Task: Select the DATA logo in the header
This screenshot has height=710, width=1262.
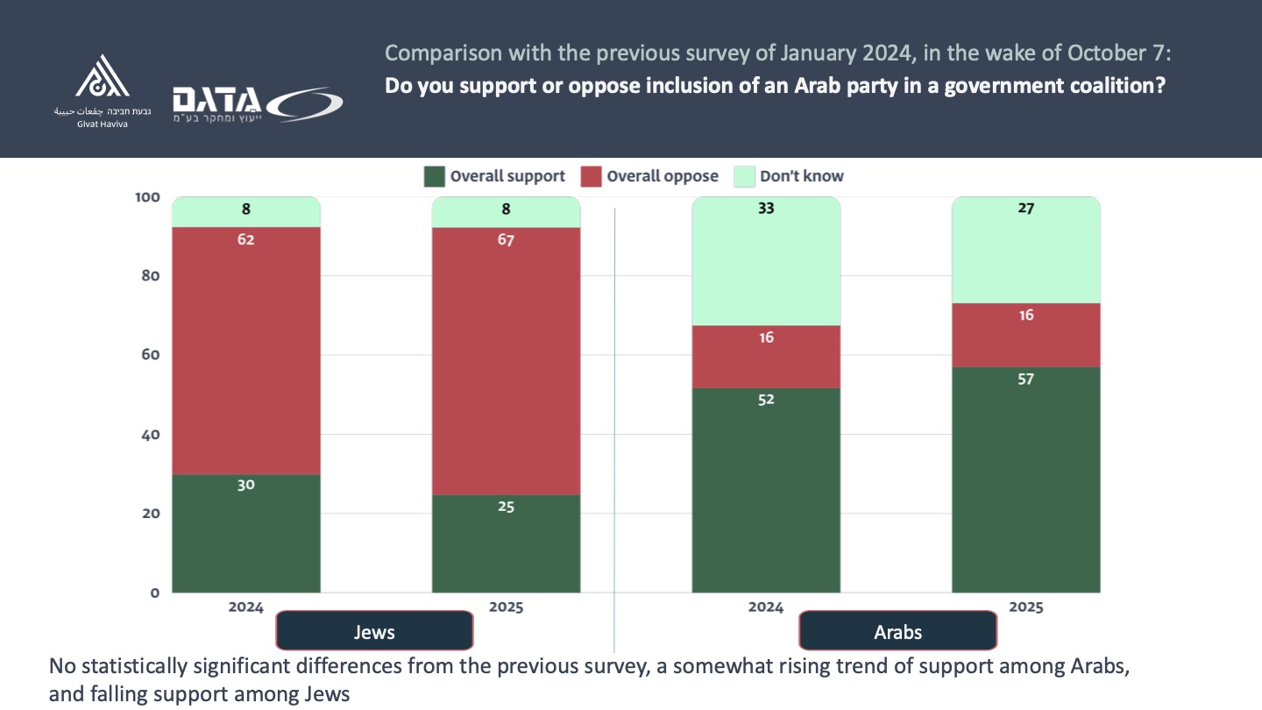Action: tap(257, 103)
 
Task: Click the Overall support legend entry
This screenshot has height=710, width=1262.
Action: tap(495, 176)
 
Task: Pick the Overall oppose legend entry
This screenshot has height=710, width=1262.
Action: tap(650, 176)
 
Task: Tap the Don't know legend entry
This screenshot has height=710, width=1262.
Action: tap(789, 176)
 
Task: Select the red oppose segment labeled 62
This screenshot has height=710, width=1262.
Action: tap(246, 351)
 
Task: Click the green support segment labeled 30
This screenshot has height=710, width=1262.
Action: tap(246, 533)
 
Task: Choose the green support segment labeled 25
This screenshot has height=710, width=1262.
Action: tap(506, 543)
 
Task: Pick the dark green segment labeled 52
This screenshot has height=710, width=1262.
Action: tap(766, 491)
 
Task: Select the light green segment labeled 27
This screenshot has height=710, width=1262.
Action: tap(1025, 250)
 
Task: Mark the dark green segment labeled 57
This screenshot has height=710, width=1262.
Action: tap(1025, 479)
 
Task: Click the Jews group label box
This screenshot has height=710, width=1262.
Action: tap(374, 631)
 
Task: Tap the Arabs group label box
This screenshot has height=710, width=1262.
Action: tap(897, 631)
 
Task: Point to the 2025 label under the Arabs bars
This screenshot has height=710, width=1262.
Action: tap(1025, 607)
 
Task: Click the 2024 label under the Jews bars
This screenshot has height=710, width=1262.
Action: tap(246, 607)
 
